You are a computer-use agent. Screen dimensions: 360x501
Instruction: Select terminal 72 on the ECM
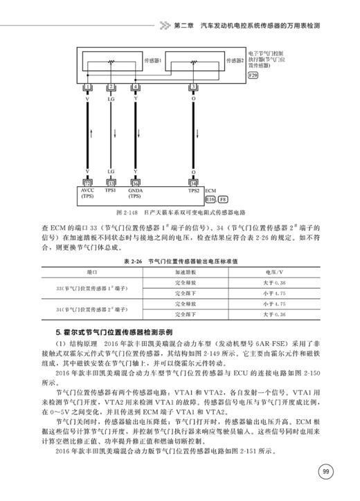pyautogui.click(x=87, y=183)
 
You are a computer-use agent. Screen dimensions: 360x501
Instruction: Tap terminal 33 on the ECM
pyautogui.click(x=111, y=183)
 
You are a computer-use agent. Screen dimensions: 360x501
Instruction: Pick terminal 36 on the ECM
pyautogui.click(x=136, y=183)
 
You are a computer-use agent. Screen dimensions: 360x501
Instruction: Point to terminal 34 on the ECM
pyautogui.click(x=194, y=183)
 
